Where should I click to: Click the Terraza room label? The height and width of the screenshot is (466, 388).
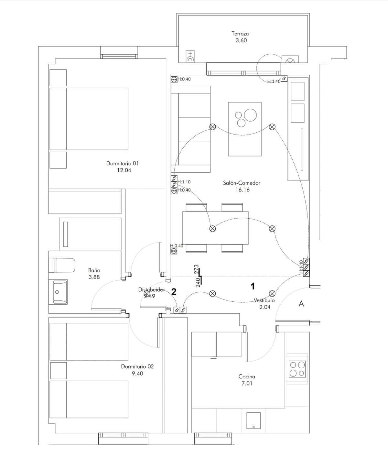point(240,34)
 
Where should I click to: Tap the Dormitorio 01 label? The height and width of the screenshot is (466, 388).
point(122,163)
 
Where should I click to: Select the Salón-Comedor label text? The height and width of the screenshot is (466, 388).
point(242,183)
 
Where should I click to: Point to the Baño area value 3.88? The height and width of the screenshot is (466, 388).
point(94,277)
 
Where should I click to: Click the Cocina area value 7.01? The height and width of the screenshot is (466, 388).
point(247,384)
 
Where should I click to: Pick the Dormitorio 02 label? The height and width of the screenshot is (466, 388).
point(137,366)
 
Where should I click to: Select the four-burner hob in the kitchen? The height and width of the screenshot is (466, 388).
point(297,369)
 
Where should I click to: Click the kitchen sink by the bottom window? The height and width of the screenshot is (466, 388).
point(253,421)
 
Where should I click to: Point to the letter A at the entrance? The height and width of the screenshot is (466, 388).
point(301,304)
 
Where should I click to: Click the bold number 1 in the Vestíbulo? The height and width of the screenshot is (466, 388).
point(253,286)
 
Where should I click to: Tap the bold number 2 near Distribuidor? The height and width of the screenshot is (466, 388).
point(174,292)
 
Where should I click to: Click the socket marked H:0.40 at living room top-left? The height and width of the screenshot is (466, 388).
point(174,79)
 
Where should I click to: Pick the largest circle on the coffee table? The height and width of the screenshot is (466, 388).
point(250,115)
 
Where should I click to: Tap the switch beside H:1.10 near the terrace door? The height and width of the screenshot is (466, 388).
point(284,78)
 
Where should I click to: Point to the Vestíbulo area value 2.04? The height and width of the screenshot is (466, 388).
point(264,307)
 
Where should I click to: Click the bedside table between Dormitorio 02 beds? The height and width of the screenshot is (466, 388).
point(58,370)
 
